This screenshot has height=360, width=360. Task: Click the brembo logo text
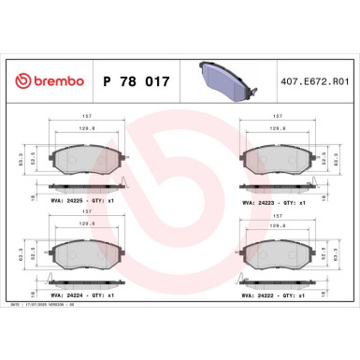(53, 82)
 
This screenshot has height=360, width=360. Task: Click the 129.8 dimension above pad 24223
(277, 130)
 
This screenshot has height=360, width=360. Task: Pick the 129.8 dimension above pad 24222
(277, 225)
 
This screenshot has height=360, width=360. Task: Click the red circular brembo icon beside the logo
(22, 82)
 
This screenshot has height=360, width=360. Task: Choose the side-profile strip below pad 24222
(277, 283)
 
